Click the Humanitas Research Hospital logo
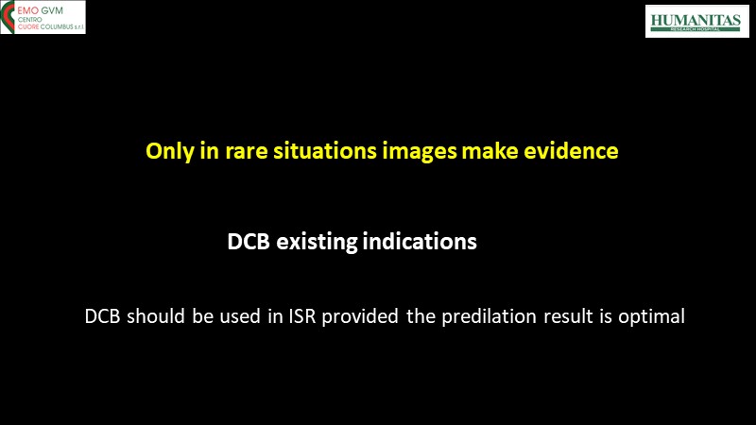point(697,21)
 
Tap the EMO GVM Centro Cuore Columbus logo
point(43,17)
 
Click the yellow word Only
point(170,151)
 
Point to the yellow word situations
point(325,151)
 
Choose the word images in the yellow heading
point(420,152)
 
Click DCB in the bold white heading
point(249,242)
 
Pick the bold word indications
point(420,242)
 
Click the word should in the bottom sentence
point(156,316)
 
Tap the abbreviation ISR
point(302,316)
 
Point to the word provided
point(360,317)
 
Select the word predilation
point(489,317)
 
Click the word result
point(569,316)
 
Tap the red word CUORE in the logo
point(28,27)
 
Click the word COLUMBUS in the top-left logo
point(57,27)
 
